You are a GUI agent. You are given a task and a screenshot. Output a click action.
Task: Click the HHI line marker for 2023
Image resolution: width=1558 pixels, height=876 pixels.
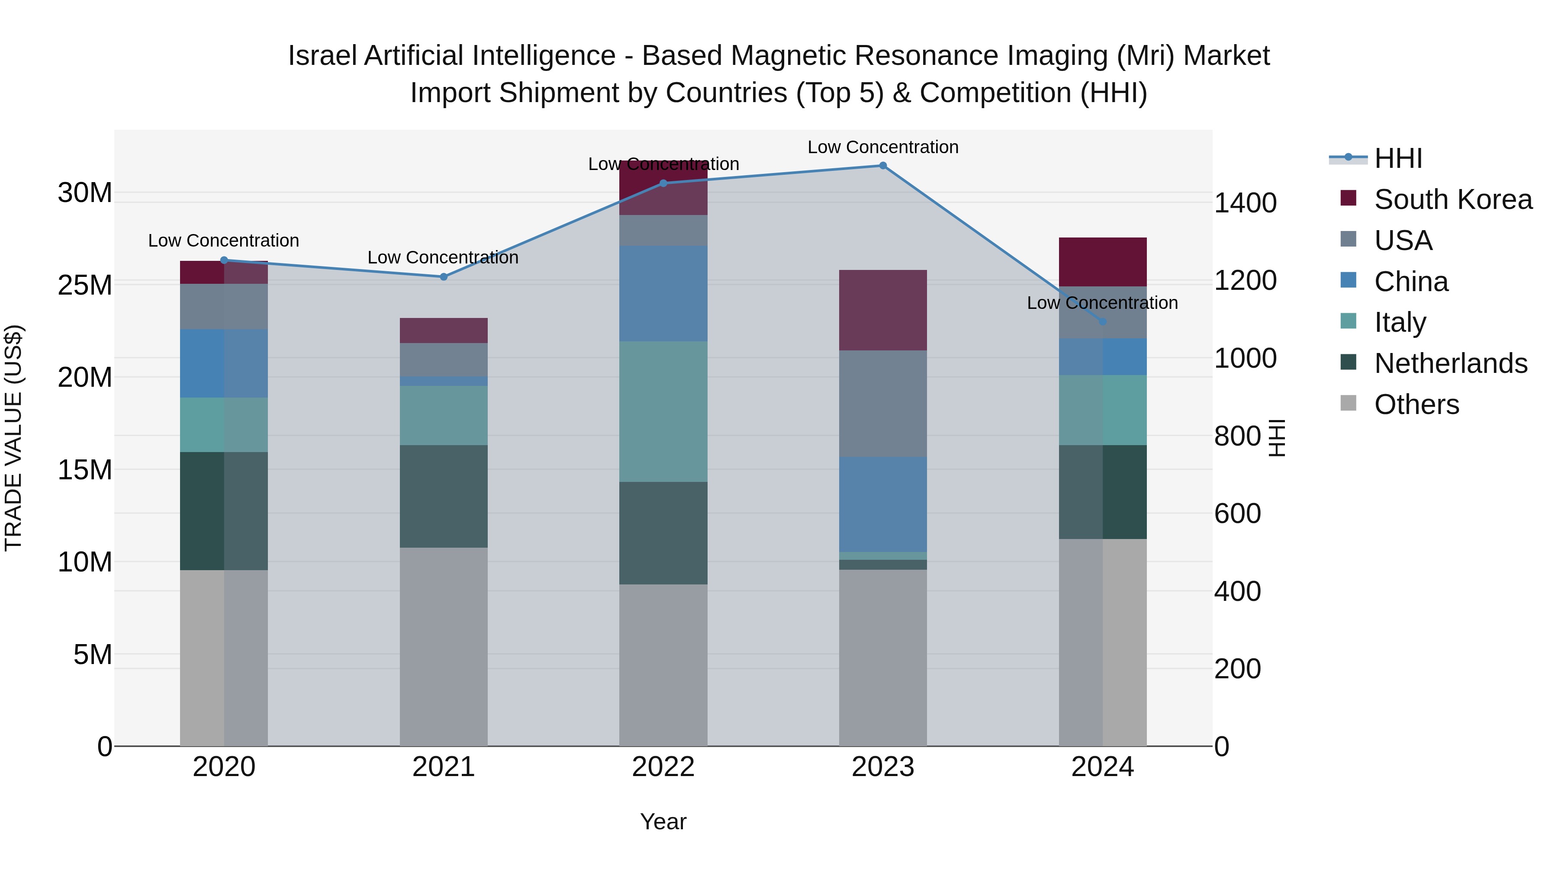pyautogui.click(x=882, y=166)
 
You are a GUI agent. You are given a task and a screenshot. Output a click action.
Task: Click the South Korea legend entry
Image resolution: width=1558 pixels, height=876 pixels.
pyautogui.click(x=1453, y=199)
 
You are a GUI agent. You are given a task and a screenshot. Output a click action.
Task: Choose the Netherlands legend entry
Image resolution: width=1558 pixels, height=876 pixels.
pyautogui.click(x=1450, y=363)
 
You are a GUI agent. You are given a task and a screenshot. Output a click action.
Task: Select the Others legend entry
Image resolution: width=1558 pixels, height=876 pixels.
pyautogui.click(x=1416, y=404)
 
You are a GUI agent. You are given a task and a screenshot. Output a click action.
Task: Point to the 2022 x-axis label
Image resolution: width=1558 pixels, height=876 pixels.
pyautogui.click(x=663, y=767)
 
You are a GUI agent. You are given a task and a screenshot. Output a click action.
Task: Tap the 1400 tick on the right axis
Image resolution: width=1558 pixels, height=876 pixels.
pyautogui.click(x=1245, y=203)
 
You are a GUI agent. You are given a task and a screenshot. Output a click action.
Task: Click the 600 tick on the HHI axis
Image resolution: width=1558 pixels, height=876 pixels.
pyautogui.click(x=1237, y=514)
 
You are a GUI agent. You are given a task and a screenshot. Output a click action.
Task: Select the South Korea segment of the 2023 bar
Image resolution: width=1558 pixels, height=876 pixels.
pyautogui.click(x=882, y=310)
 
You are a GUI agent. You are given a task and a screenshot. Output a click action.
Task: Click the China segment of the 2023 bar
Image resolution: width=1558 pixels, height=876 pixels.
pyautogui.click(x=882, y=504)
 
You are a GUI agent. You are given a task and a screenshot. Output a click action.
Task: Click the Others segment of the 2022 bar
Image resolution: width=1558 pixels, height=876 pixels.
pyautogui.click(x=663, y=665)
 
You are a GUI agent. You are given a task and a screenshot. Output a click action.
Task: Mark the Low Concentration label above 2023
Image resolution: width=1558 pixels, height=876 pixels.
pyautogui.click(x=882, y=147)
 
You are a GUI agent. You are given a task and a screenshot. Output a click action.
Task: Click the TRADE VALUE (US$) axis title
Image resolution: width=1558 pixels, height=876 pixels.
pyautogui.click(x=13, y=438)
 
